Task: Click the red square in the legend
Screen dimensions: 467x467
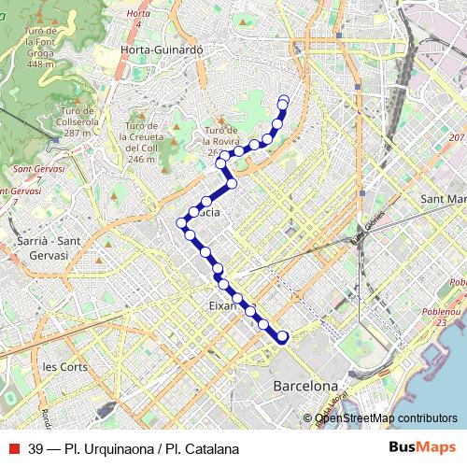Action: click(x=13, y=448)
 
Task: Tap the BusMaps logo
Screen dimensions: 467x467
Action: click(x=423, y=448)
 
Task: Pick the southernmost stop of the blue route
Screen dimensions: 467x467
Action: click(x=283, y=337)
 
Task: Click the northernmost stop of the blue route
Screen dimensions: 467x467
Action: click(x=284, y=100)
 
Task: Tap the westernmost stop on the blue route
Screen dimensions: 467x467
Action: click(x=182, y=222)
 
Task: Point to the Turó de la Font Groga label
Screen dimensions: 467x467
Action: click(x=39, y=48)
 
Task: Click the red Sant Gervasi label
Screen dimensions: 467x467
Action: click(x=35, y=174)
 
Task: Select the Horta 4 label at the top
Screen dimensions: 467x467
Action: click(x=138, y=17)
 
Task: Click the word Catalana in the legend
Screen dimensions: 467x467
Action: click(x=210, y=449)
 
